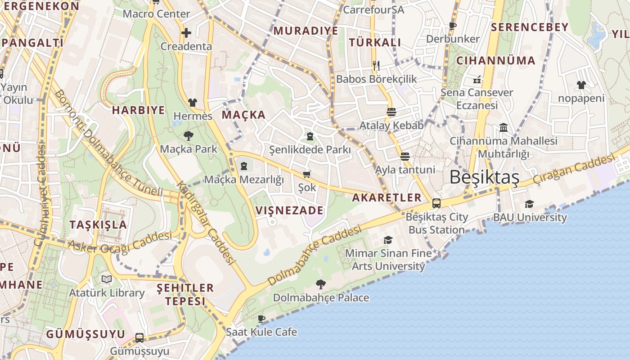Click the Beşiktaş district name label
[x=484, y=177]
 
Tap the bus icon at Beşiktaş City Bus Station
[x=436, y=203]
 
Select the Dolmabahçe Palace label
[x=321, y=298]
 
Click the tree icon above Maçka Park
[x=189, y=135]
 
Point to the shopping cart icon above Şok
[x=307, y=174]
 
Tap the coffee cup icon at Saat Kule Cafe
[x=261, y=319]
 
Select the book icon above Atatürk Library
[x=107, y=279]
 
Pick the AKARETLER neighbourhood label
[x=387, y=198]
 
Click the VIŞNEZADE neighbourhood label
[x=289, y=210]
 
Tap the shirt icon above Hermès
[x=193, y=103]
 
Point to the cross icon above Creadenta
[x=186, y=33]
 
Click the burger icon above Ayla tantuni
[x=405, y=157]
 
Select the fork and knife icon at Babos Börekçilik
[x=376, y=66]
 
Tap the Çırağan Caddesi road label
[x=573, y=169]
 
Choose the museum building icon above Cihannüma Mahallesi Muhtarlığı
[x=504, y=128]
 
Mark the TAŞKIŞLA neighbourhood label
[x=98, y=225]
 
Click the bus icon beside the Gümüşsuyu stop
[x=139, y=337]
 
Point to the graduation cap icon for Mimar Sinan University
[x=388, y=240]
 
